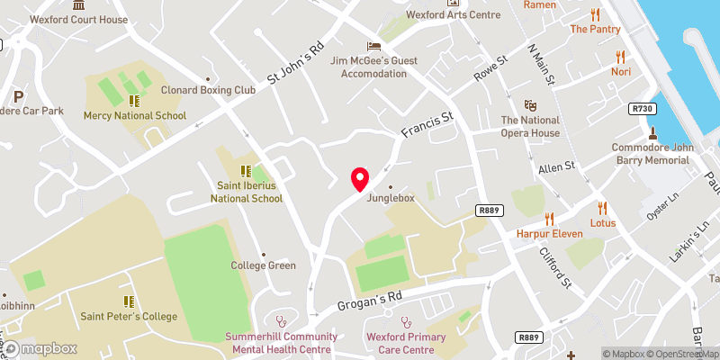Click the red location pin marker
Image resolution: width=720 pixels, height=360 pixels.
(x=360, y=178)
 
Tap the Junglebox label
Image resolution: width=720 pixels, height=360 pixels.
(x=390, y=198)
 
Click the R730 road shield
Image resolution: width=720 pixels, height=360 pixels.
(x=642, y=109)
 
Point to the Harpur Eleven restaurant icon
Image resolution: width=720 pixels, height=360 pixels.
(x=549, y=218)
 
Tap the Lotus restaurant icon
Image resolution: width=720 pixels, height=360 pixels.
(x=603, y=207)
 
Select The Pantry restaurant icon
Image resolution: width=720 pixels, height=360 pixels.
(x=595, y=13)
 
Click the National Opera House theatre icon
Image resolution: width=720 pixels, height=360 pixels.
(x=530, y=105)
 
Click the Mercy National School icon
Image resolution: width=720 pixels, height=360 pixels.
(x=134, y=101)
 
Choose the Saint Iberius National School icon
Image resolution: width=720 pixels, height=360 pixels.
(x=245, y=170)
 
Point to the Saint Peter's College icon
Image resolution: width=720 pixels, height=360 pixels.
(x=129, y=301)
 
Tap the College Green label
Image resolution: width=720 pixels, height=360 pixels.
(x=263, y=265)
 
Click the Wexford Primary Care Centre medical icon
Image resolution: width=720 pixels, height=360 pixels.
(x=406, y=319)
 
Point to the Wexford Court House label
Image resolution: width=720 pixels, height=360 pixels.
(x=78, y=19)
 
